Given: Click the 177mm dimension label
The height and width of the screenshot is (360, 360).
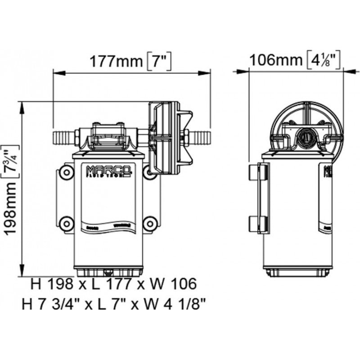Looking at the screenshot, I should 116,60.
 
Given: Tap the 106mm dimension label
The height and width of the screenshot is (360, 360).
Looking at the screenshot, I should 275,59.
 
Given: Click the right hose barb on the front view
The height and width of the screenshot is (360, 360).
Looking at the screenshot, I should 200,135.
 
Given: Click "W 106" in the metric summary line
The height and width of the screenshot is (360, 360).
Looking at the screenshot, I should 174,284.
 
